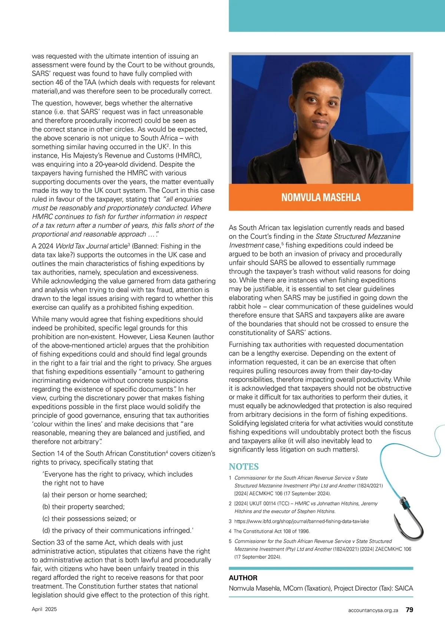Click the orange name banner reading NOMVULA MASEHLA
pos(321,197)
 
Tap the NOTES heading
pos(244,467)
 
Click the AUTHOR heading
pos(243,578)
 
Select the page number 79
pos(409,610)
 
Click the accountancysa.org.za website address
pos(373,610)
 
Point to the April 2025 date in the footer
pos(44,609)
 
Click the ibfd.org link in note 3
pos(301,521)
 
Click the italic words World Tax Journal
pos(82,246)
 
